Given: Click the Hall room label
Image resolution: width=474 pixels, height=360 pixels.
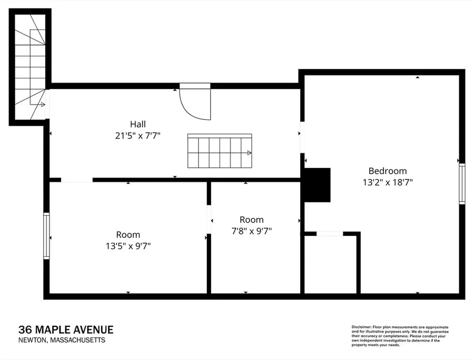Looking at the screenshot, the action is coord(138,124).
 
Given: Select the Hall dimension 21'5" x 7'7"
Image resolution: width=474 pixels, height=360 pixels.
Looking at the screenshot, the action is coord(137,136).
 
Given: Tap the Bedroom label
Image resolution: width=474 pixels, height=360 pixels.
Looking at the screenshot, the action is coord(388,171).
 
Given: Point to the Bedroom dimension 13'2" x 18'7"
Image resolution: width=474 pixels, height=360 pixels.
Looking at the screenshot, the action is coord(388,183).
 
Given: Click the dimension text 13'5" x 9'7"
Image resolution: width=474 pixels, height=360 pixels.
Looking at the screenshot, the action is coord(128,246).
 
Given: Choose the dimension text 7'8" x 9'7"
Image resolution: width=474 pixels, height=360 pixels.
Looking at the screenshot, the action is coord(252,231).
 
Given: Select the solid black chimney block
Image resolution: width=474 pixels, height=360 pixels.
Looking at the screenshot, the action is coord(317,185).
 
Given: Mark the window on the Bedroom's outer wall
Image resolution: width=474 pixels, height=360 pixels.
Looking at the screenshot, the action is coord(462,184).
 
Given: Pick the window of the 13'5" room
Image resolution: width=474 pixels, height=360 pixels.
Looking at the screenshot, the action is coord(46,236).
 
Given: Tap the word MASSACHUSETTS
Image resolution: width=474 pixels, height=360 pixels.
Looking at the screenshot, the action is coord(78,340).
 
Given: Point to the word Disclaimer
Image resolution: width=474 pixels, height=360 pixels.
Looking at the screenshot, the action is coord(361,327).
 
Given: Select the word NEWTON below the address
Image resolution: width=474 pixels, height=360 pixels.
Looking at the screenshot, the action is coord(33,340).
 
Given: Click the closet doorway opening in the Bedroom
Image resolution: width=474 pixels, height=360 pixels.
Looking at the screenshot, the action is coord(330,234).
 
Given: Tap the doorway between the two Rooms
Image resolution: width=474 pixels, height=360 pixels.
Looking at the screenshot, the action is coord(209,219).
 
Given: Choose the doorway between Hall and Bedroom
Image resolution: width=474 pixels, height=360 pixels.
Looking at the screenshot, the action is coord(302,137).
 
